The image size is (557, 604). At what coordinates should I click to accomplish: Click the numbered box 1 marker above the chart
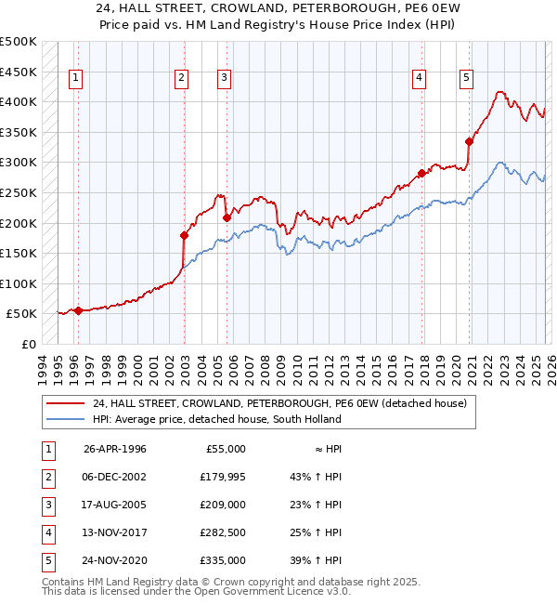click(x=75, y=78)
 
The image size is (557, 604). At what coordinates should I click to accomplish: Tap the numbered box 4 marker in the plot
click(x=420, y=78)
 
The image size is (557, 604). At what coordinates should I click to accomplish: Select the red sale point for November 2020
click(x=469, y=141)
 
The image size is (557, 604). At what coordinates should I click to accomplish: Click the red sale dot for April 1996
click(x=78, y=310)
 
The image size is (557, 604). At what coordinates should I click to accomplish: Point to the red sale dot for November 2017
click(x=421, y=173)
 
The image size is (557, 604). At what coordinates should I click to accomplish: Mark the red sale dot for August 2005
click(x=227, y=217)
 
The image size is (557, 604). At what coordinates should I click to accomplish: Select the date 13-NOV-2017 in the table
click(x=114, y=532)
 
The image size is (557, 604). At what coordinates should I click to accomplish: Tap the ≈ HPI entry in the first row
click(x=328, y=449)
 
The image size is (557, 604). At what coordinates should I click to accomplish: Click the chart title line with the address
click(x=278, y=10)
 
